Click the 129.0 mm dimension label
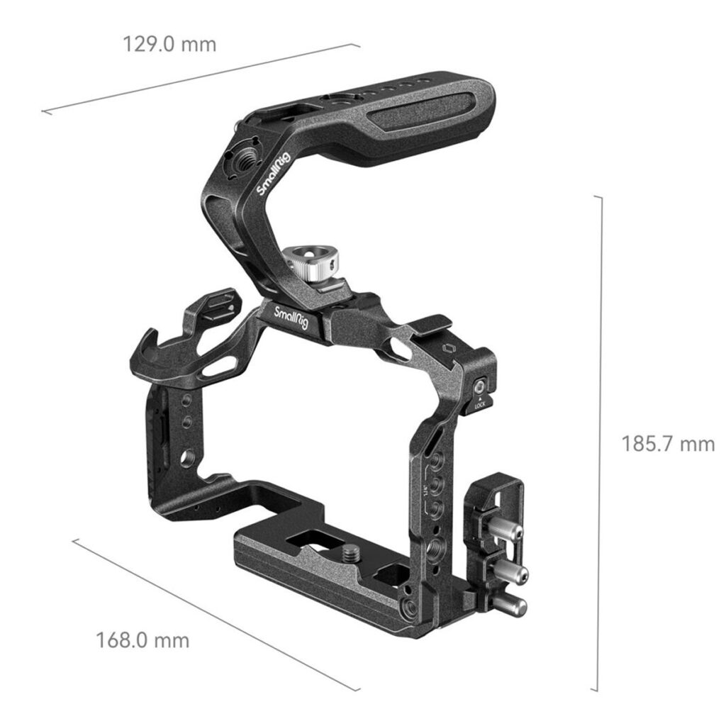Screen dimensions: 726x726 [x=169, y=45]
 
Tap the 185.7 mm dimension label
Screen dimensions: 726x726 [x=668, y=444]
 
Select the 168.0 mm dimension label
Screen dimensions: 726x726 [x=143, y=641]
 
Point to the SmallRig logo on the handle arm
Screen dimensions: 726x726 [x=273, y=174]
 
